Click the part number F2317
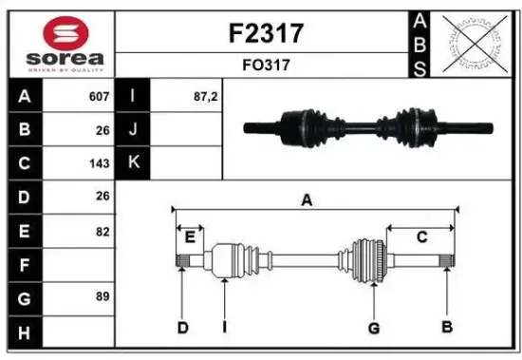pyautogui.click(x=267, y=34)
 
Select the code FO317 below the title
pyautogui.click(x=267, y=66)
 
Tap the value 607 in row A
pyautogui.click(x=99, y=97)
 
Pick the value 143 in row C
pyautogui.click(x=99, y=162)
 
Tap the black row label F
pyautogui.click(x=23, y=263)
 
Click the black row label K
pyautogui.click(x=133, y=162)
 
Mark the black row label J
pyautogui.click(x=133, y=130)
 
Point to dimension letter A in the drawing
pyautogui.click(x=307, y=199)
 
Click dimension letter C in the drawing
pyautogui.click(x=421, y=237)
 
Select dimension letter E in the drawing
pyautogui.click(x=190, y=237)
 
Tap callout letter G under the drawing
pyautogui.click(x=374, y=328)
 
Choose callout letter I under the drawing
pyautogui.click(x=224, y=328)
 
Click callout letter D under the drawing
pyautogui.click(x=182, y=328)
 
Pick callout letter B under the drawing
pyautogui.click(x=446, y=328)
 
